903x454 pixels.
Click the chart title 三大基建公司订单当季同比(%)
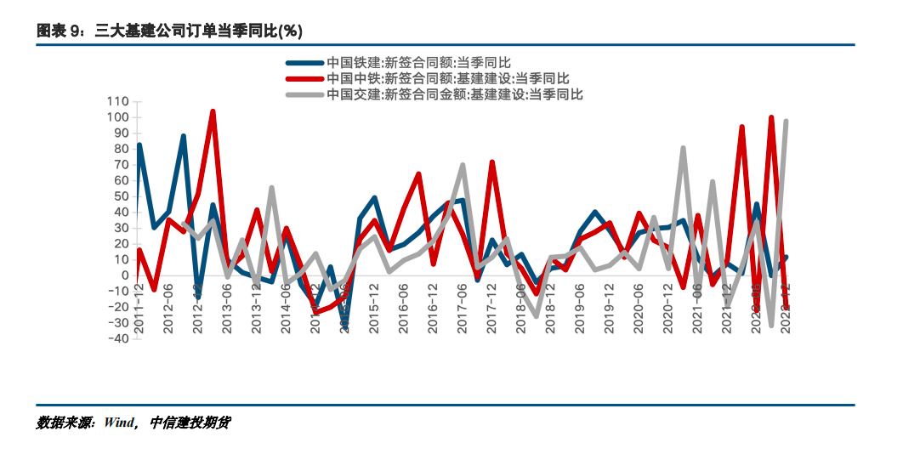pos(169,31)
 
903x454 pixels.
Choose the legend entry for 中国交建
pos(455,94)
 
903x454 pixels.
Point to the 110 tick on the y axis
pos(117,102)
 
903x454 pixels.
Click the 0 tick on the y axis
pos(124,275)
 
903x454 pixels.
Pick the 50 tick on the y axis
pos(121,196)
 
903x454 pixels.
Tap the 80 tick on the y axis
pos(121,149)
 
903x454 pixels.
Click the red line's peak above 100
pos(213,111)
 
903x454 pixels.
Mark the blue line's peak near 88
pos(183,136)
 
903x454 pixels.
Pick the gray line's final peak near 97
pos(786,122)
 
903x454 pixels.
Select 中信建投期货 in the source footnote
pos(190,423)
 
